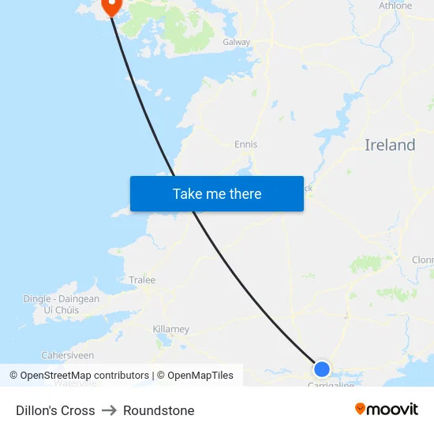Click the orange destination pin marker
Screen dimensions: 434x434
click(110, 6)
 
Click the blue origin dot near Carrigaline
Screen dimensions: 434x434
click(322, 369)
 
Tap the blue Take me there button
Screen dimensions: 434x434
click(217, 194)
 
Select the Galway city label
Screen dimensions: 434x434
click(236, 43)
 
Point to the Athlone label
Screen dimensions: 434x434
click(395, 6)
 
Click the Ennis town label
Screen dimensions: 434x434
click(245, 144)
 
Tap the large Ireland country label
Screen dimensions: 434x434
click(390, 145)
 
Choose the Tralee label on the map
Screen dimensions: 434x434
click(142, 280)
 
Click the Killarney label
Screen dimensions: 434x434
click(170, 329)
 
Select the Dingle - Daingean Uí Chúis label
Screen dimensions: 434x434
click(61, 305)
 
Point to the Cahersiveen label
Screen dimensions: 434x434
click(67, 356)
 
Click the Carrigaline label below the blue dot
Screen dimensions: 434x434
click(330, 384)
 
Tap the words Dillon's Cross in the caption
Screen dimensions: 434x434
click(55, 410)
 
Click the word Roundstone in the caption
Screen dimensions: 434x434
click(159, 410)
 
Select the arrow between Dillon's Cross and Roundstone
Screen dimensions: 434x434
click(109, 410)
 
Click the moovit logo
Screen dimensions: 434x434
click(387, 410)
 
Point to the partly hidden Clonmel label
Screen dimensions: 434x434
click(423, 260)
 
